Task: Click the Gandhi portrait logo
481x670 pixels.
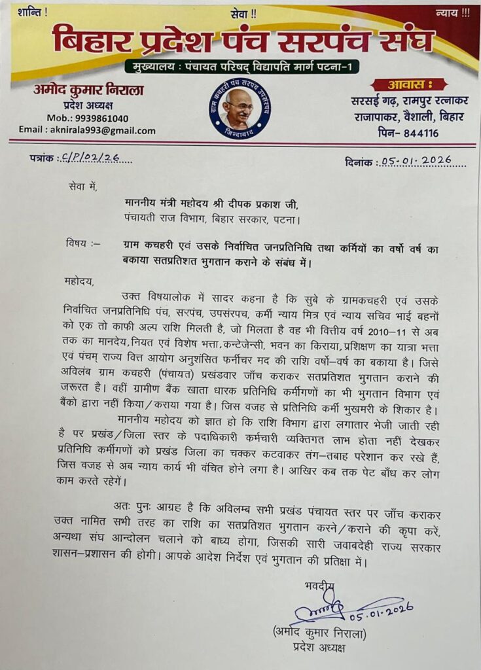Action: pos(240,109)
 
